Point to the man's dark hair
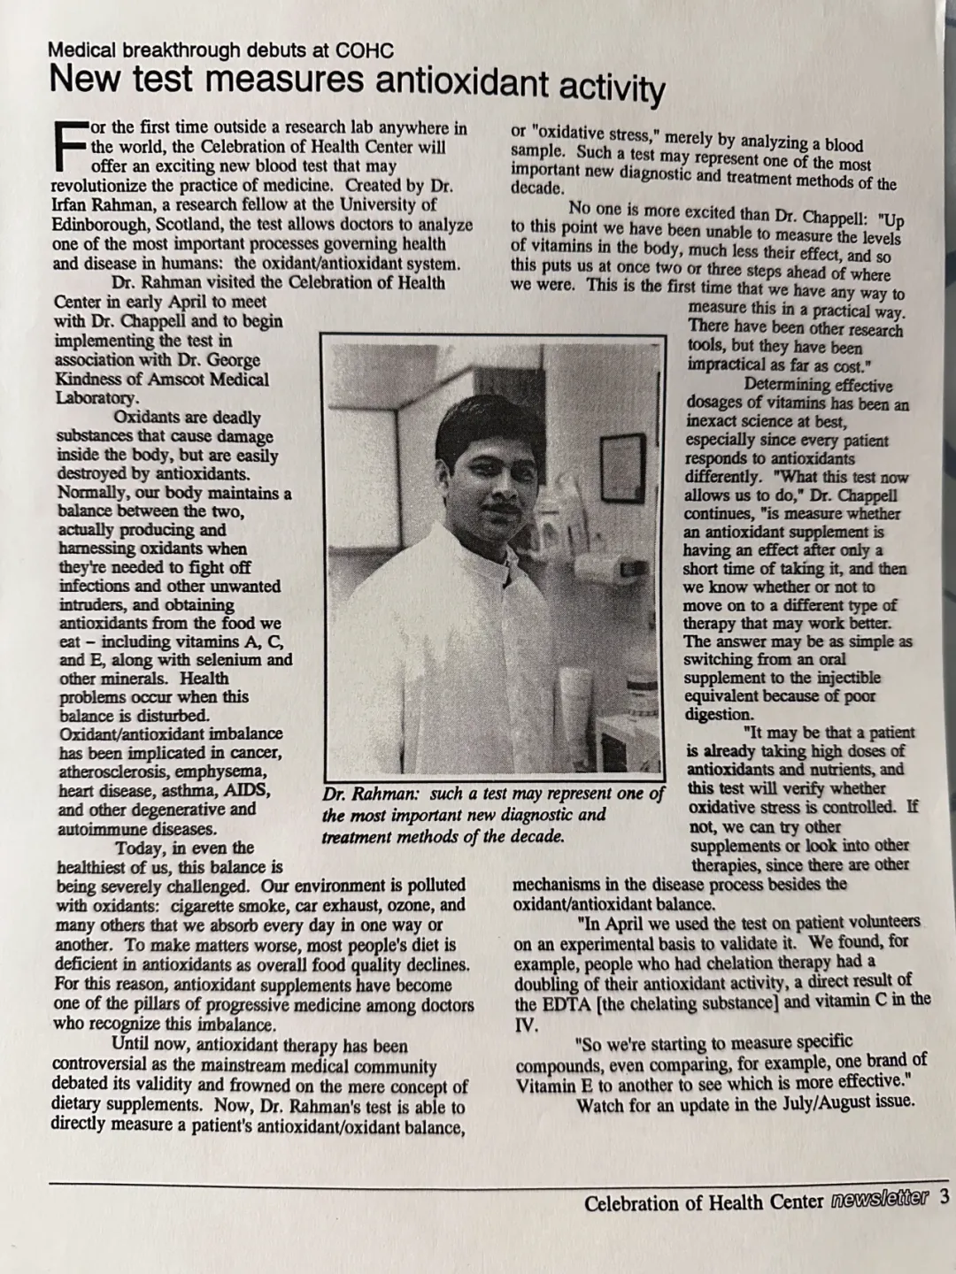pyautogui.click(x=486, y=424)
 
